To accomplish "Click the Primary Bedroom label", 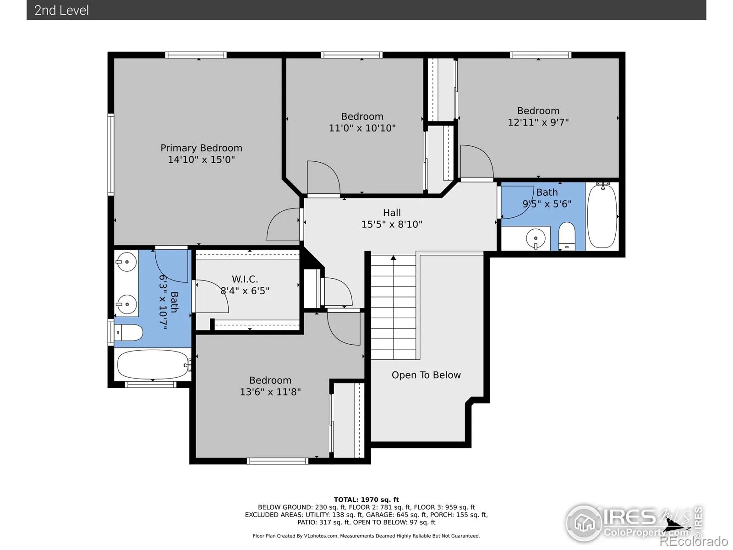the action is click(x=201, y=148).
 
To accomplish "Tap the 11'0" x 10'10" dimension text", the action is click(x=362, y=128).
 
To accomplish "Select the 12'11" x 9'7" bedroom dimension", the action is click(x=538, y=122).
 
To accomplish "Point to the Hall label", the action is click(x=392, y=213).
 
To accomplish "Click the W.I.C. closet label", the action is click(x=245, y=279).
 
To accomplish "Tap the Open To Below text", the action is click(x=426, y=375).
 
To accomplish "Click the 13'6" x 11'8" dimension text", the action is click(x=270, y=392).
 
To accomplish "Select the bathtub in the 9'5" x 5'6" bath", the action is click(x=602, y=216).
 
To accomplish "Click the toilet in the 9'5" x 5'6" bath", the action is click(x=567, y=236).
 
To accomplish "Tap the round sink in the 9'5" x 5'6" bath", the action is click(x=535, y=238).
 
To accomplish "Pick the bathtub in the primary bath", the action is click(x=153, y=364).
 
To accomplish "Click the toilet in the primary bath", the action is click(x=129, y=333).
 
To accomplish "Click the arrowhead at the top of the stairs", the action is click(x=394, y=258).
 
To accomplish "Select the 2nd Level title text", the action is click(x=61, y=11).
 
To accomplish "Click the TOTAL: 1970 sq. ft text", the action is click(x=366, y=500).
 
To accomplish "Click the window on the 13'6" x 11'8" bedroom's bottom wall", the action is click(x=278, y=461).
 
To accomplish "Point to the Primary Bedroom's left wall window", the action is click(x=110, y=154).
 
